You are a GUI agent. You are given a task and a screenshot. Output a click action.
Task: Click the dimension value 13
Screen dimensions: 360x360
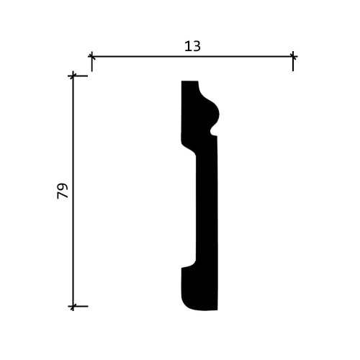[192, 46]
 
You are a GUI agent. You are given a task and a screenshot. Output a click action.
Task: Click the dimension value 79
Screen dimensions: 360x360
[63, 191]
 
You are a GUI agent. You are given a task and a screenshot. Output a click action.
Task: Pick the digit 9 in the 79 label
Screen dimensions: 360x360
[63, 186]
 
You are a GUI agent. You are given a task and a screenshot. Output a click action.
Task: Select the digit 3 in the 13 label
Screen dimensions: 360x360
[197, 46]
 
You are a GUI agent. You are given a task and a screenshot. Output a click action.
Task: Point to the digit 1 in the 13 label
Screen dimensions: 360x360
[188, 46]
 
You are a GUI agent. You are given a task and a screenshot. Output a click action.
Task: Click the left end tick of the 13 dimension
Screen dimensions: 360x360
[91, 56]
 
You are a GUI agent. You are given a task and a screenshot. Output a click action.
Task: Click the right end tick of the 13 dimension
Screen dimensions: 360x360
[293, 56]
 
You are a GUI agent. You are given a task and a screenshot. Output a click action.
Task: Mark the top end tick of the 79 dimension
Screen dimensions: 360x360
[73, 76]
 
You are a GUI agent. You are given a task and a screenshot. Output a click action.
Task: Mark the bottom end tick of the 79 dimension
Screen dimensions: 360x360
[73, 306]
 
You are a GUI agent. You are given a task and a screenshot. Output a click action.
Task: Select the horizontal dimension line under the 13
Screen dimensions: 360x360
[192, 56]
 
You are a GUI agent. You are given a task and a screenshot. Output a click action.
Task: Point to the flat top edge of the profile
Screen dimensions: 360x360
[189, 81]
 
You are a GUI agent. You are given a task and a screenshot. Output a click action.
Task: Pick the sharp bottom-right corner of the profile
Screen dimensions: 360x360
[216, 310]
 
